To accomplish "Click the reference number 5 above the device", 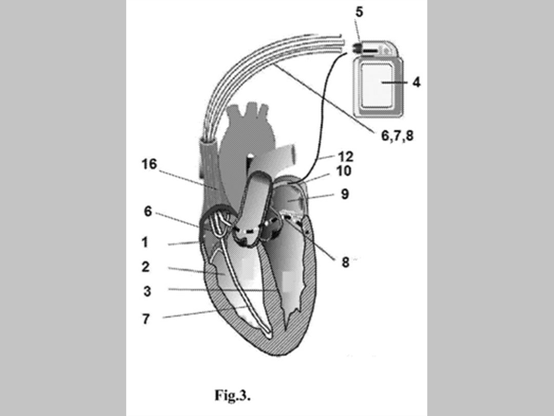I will coord(359,12).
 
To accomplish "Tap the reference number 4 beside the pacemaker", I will coord(416,82).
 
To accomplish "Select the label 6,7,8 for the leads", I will coord(397,136).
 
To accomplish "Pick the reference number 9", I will coord(345,194).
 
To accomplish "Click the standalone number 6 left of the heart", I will coord(148,211).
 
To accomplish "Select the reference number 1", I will coord(145,241).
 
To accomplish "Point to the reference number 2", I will coord(146,267).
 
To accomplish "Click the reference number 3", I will coord(147,291).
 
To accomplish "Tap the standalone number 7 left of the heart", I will coord(146,318).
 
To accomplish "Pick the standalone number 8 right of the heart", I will coord(345,262).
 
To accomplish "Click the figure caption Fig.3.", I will coord(232,395).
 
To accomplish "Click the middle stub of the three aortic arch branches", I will coord(251,109).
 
